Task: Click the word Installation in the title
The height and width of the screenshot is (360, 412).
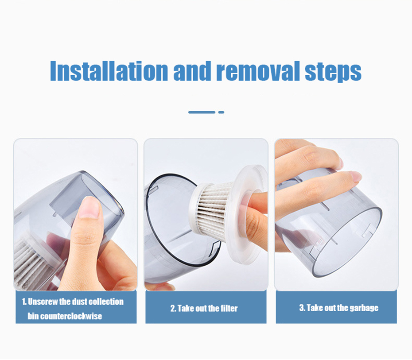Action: point(109,70)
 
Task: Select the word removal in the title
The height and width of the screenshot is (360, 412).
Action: point(259,70)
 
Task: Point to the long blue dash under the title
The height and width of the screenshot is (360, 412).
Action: point(202,112)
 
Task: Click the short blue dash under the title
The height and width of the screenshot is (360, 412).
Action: point(221,112)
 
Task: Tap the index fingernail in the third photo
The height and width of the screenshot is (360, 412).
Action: point(355,176)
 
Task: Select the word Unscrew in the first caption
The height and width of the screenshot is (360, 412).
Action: point(43,302)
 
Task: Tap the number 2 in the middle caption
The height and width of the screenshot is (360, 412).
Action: point(173,309)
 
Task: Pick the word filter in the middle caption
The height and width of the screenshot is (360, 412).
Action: point(228,309)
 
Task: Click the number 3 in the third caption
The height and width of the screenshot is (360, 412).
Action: point(301,308)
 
